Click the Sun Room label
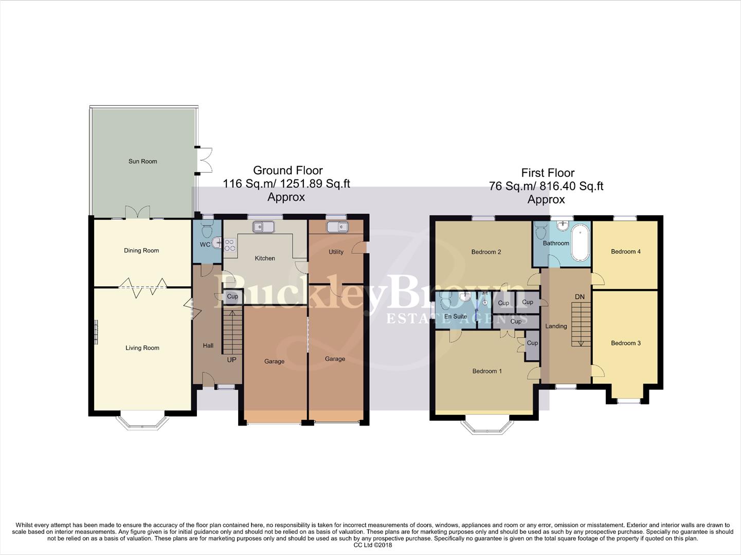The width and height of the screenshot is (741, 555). (142, 161)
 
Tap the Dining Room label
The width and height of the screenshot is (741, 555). (141, 251)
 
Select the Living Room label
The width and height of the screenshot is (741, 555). (142, 348)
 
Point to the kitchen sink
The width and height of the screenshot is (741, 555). (264, 226)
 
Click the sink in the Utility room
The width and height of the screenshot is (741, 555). (337, 227)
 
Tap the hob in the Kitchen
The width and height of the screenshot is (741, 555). (229, 245)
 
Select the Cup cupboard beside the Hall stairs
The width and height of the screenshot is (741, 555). (232, 297)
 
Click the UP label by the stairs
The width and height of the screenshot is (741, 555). (232, 360)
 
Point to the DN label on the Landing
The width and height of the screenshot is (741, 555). (580, 297)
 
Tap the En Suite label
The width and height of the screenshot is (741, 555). (456, 317)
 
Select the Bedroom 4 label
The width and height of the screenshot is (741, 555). (626, 251)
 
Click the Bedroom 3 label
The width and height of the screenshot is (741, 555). (626, 343)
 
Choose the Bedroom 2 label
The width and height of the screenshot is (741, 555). (486, 252)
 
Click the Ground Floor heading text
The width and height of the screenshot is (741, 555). (288, 171)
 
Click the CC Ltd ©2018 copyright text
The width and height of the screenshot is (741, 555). (373, 545)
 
